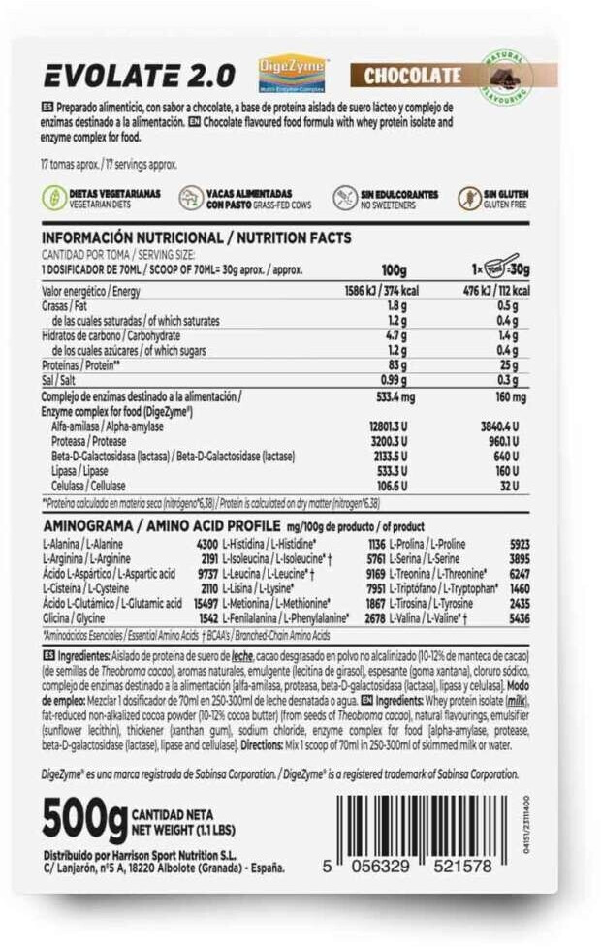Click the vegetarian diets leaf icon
[x=53, y=198]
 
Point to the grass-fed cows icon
[x=192, y=199]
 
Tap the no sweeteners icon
[x=345, y=199]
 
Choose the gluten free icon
[x=470, y=199]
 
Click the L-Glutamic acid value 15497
[x=199, y=603]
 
